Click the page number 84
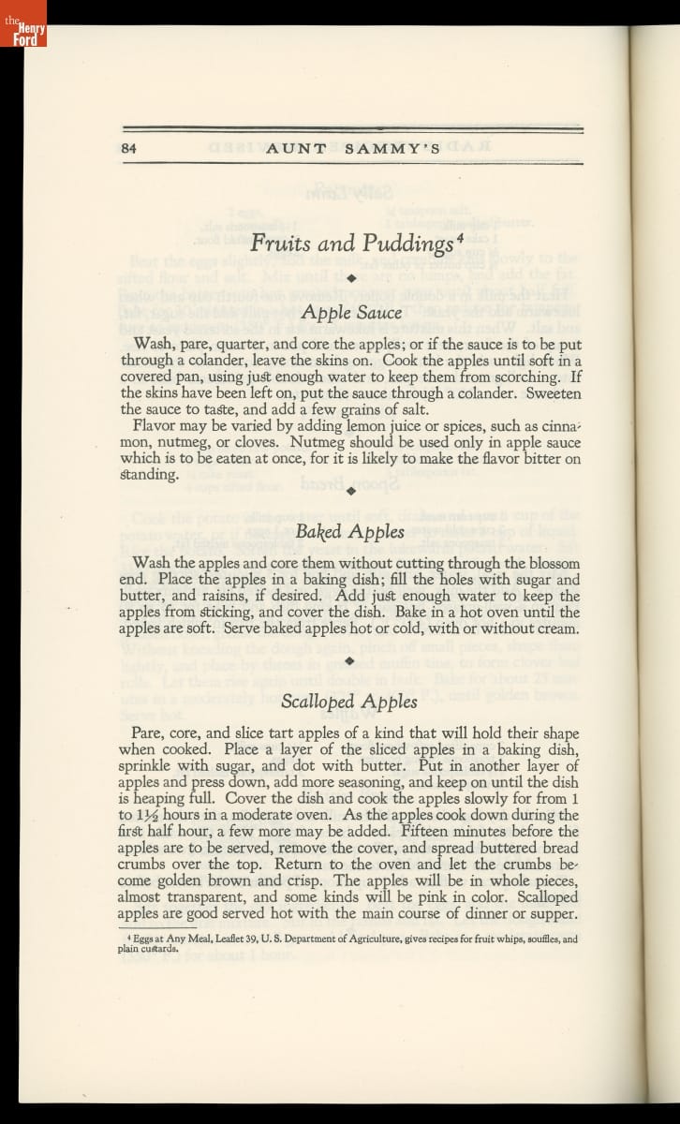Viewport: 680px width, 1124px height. pos(129,147)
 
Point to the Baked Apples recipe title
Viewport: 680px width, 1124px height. pos(350,532)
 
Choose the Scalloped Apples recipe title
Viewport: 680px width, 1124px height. pos(349,702)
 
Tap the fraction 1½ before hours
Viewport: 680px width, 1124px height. pos(150,815)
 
